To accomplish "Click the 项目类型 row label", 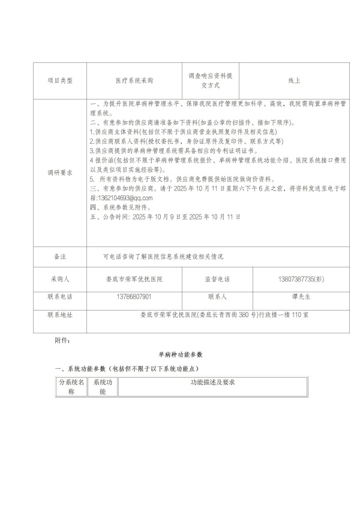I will pos(59,80).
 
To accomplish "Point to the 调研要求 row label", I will pos(59,172).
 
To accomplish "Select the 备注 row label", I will pos(59,256).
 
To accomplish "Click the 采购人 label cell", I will pos(59,279).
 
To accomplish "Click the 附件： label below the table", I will pos(62,341).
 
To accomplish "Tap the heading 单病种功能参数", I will pos(181,355).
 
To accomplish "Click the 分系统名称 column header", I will pos(71,386).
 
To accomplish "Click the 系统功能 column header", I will pos(102,386).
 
